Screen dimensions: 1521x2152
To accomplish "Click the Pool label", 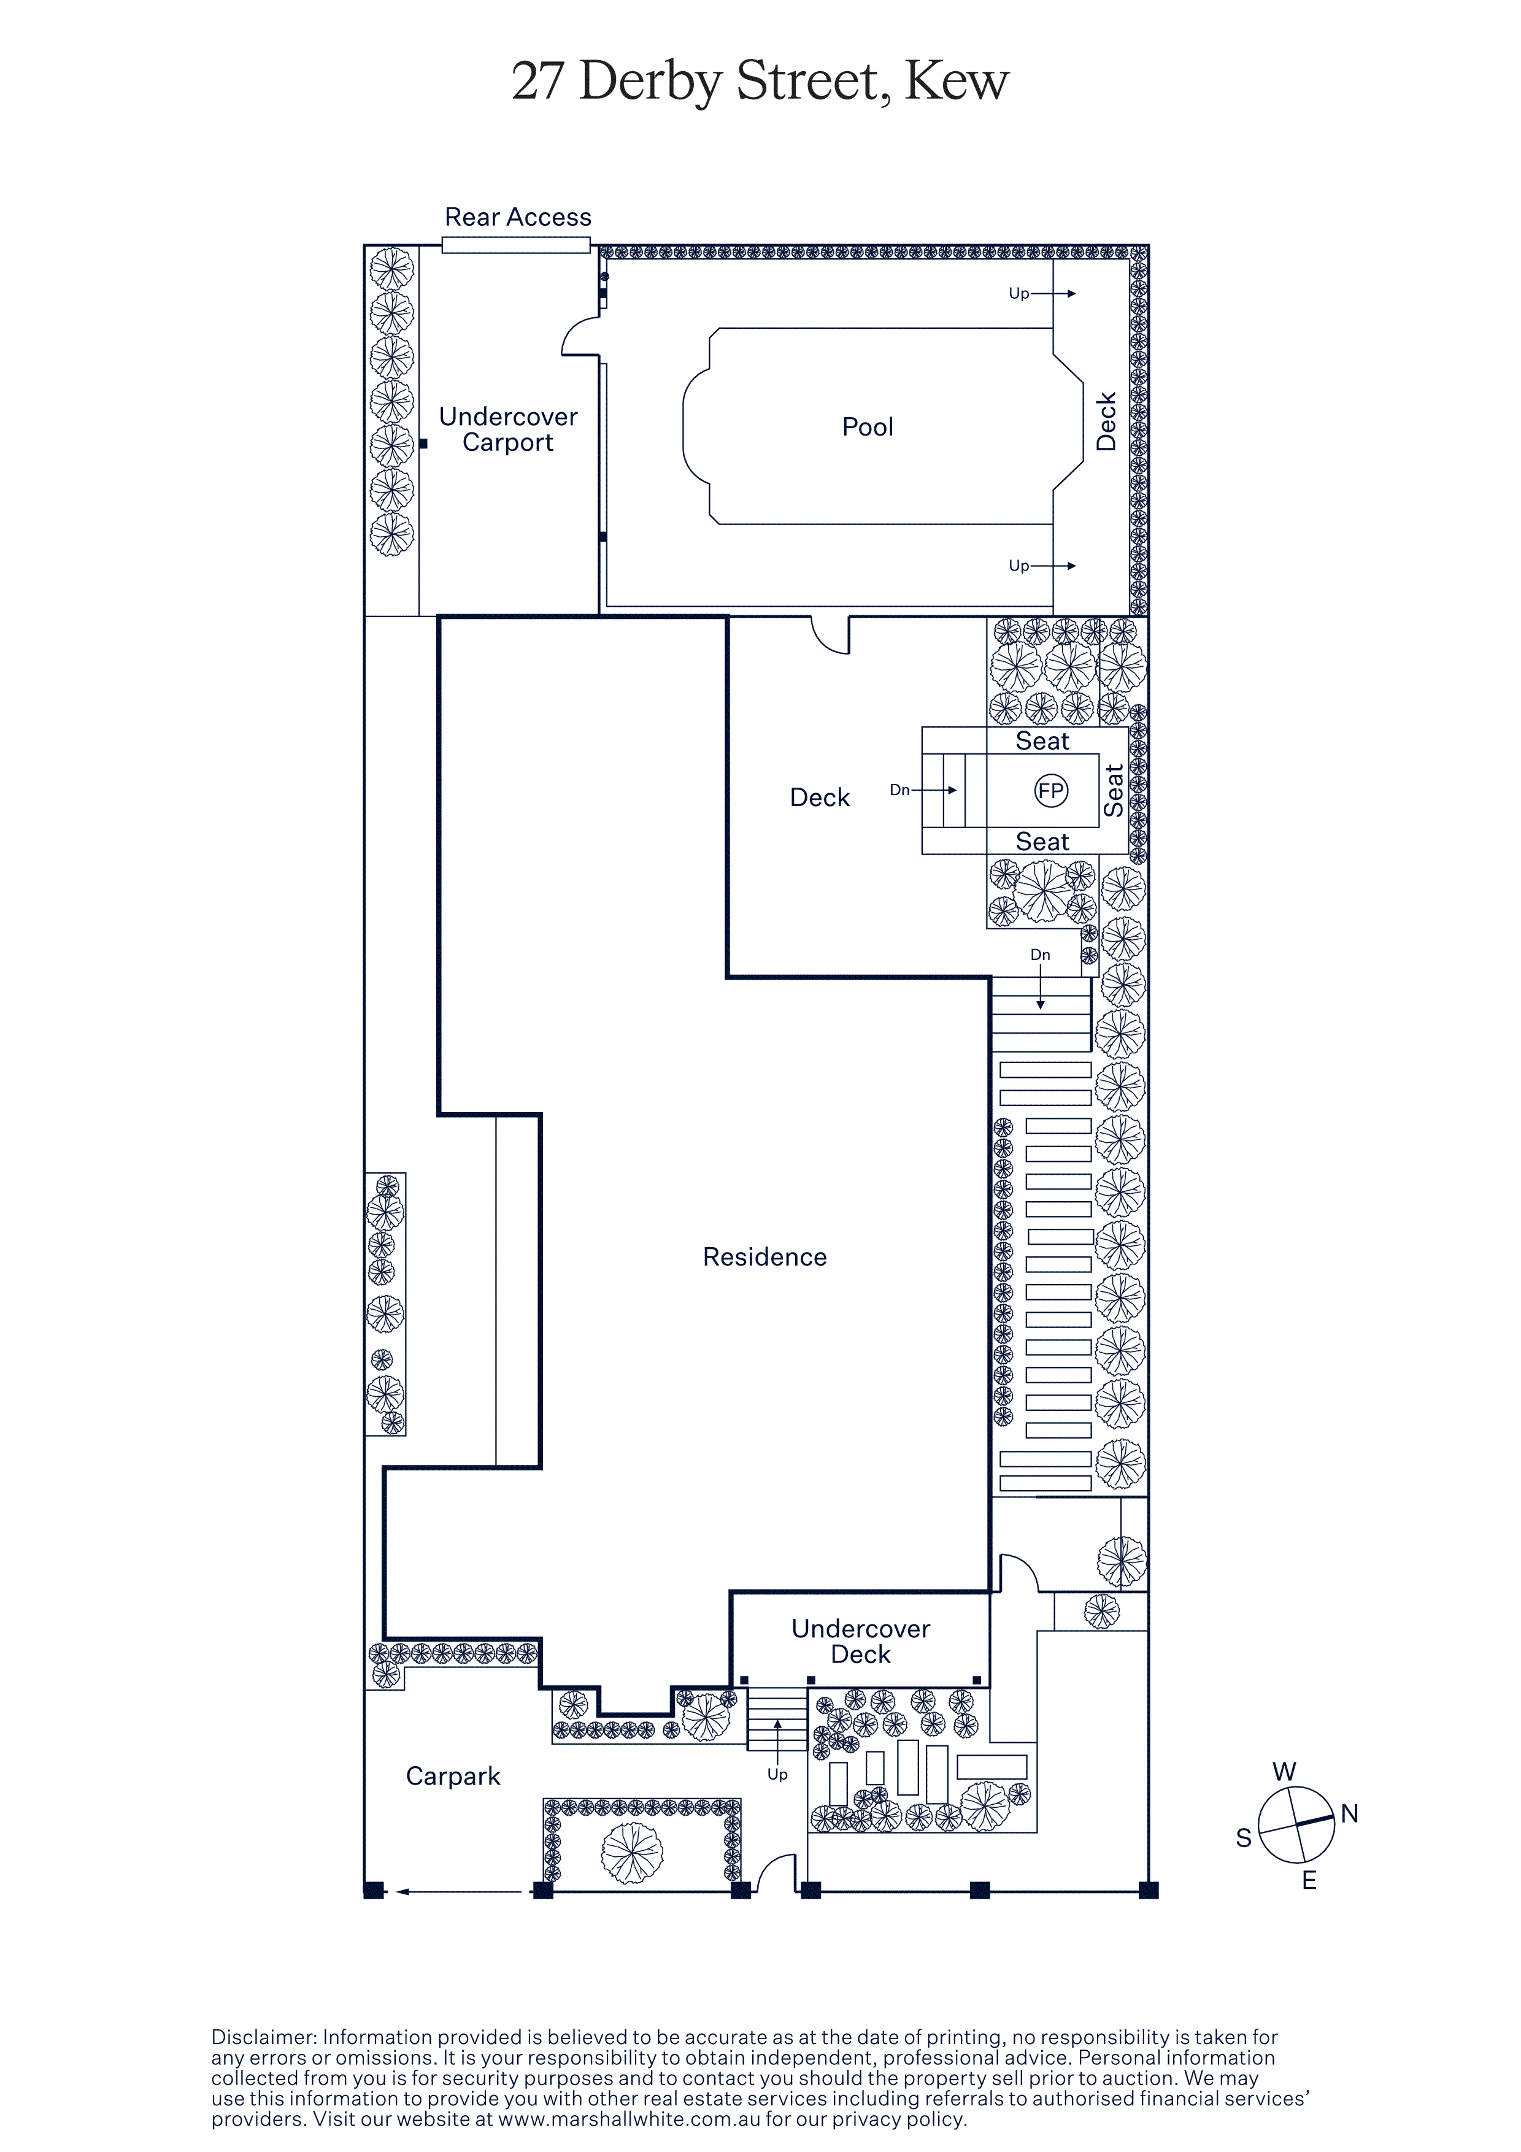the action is pos(868,428).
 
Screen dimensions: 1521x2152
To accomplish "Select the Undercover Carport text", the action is pos(508,429).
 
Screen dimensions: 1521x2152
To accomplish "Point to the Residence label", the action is pos(764,1257).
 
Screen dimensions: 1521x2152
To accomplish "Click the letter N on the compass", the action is pos(1349,1813).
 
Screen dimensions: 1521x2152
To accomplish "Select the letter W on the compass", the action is pos(1284,1772).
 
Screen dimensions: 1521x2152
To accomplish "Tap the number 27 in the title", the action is pos(538,82).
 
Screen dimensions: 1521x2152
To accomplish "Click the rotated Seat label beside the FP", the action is pos(1114,790).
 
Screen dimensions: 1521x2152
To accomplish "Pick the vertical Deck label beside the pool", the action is pos(1107,422).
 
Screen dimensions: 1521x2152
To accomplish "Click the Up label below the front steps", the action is pos(778,1774).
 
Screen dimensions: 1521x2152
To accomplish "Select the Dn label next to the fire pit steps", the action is pos(899,790).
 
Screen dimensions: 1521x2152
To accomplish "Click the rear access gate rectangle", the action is pos(517,245).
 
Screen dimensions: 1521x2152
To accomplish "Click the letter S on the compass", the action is pos(1244,1838).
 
